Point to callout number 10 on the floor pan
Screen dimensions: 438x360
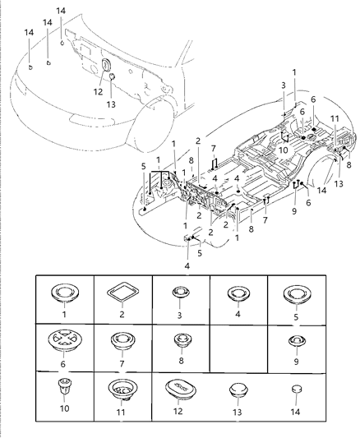click(282, 150)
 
